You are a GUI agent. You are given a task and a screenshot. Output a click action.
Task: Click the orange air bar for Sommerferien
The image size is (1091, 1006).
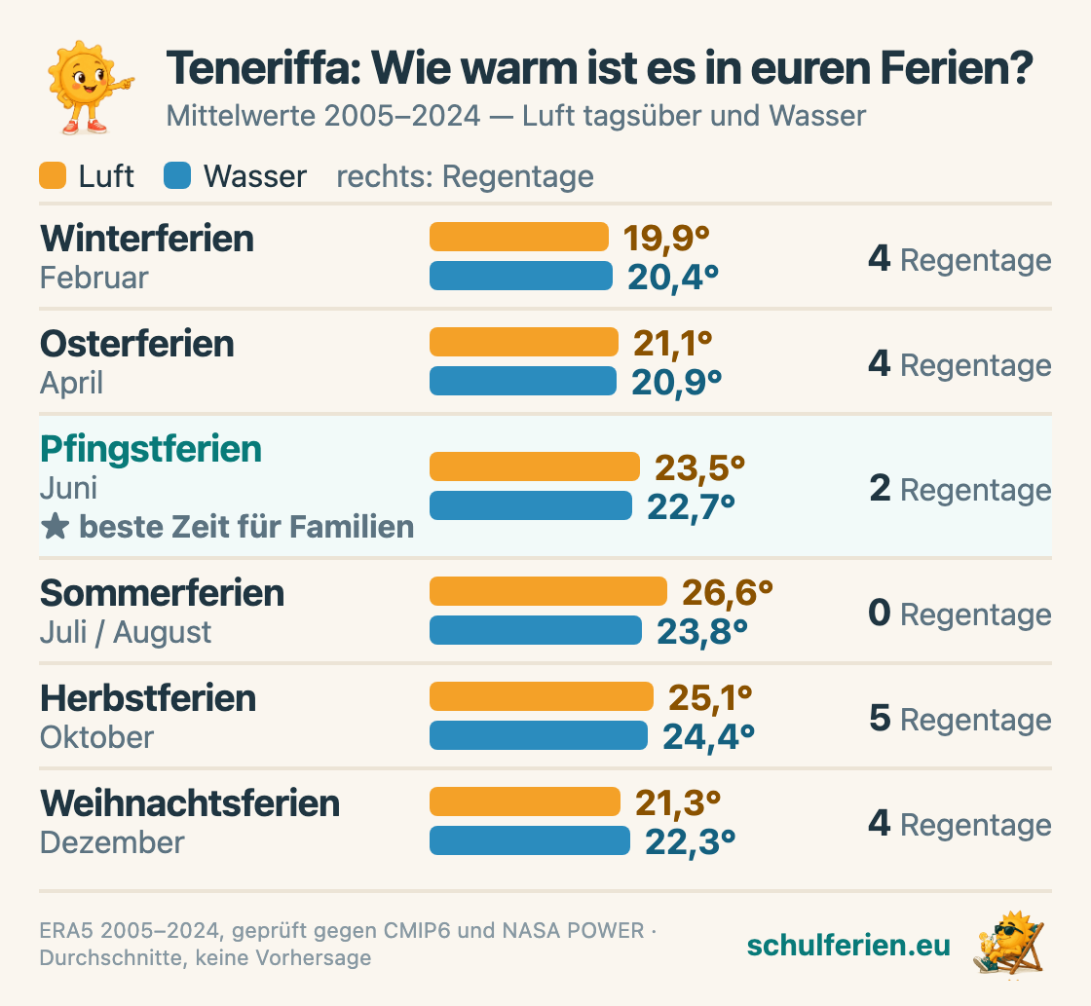coord(548,591)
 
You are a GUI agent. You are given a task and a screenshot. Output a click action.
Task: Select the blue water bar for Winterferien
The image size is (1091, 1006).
coord(521,276)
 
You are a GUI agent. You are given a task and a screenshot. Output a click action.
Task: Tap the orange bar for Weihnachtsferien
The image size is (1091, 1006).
coord(525,801)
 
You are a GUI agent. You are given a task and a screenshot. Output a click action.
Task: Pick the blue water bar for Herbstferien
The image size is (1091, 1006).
coord(539,735)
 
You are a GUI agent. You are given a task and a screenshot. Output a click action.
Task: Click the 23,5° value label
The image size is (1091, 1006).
coord(699,467)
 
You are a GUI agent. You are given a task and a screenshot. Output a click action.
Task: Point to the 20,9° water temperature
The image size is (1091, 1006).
coord(676,382)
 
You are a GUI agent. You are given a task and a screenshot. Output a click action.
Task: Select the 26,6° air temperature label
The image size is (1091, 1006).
coord(727,592)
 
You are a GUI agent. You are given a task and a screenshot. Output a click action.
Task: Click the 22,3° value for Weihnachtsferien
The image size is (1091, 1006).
coord(690,841)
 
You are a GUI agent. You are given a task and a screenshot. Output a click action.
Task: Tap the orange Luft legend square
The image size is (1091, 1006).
coord(53,175)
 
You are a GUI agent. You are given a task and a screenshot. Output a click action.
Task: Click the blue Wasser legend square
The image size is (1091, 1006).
coord(177,175)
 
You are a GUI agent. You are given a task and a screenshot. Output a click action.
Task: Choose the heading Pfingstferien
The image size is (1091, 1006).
coord(151,449)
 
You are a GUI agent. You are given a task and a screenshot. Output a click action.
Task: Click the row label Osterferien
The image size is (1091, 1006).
coord(137,344)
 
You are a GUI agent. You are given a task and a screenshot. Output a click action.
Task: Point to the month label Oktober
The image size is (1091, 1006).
coord(96,737)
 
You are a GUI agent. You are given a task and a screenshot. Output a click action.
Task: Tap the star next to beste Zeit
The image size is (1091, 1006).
coord(55,527)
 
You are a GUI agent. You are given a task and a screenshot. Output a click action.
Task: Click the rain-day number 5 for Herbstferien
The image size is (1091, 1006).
coord(881,718)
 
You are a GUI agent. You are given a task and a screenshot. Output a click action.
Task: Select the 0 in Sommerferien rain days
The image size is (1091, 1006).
coord(880,613)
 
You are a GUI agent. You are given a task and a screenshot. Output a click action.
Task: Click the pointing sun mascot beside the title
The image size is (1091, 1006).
coord(89,87)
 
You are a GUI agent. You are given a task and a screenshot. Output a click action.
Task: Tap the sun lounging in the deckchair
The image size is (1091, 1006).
coord(1009,944)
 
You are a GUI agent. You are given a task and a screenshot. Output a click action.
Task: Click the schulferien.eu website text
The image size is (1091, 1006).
coord(848,945)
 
